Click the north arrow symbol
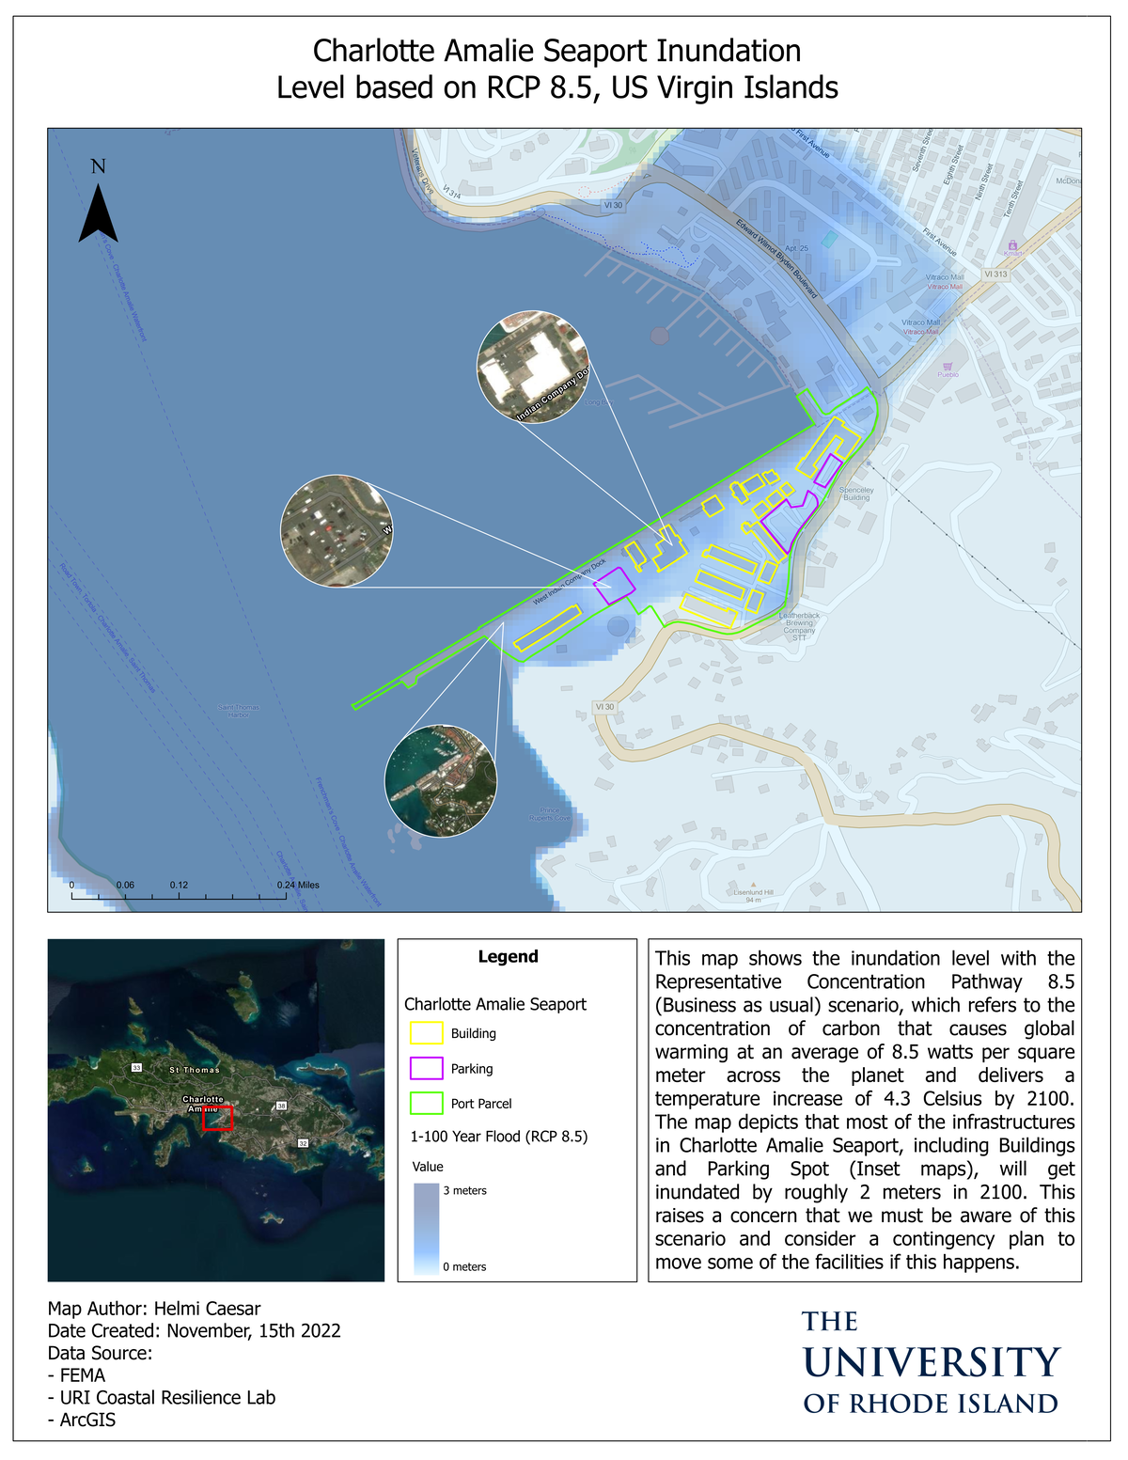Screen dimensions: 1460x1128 (98, 213)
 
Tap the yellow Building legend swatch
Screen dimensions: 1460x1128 (426, 1033)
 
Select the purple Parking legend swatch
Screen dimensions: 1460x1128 (426, 1069)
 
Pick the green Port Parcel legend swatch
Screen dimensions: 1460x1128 (426, 1104)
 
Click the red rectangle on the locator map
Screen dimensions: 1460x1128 (218, 1118)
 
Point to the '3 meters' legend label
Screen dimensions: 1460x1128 (465, 1191)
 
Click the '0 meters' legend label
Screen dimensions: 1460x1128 (465, 1267)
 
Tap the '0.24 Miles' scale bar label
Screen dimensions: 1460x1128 (298, 886)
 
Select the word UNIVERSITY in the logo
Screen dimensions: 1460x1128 (932, 1363)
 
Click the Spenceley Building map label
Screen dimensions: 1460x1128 (856, 494)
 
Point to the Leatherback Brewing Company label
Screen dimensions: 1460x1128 (799, 626)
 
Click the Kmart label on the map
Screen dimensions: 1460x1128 (1012, 253)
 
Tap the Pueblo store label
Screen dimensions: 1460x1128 (948, 374)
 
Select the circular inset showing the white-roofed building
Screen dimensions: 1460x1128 (533, 367)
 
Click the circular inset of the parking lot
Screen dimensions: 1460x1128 (337, 531)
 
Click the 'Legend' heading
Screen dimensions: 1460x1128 (508, 957)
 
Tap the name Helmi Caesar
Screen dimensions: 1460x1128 (207, 1309)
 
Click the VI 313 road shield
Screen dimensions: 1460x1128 (995, 275)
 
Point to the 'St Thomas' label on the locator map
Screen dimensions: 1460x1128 (195, 1070)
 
